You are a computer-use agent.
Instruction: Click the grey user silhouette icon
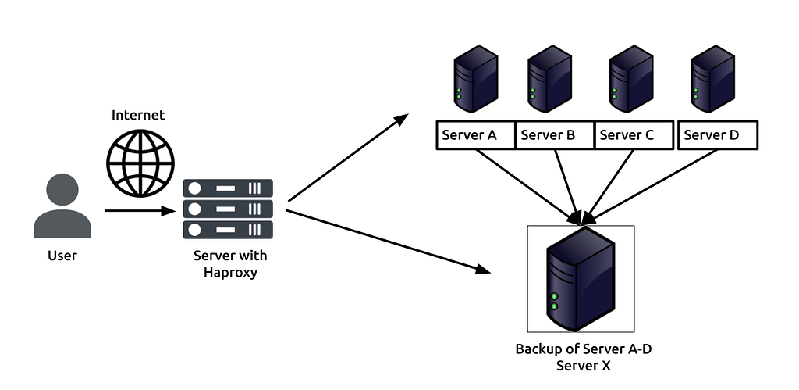(62, 207)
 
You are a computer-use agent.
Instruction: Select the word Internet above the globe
(138, 115)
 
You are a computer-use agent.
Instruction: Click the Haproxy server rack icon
(228, 209)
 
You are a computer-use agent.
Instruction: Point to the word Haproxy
(230, 272)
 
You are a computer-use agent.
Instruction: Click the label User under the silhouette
(62, 256)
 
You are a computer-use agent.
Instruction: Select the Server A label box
(475, 134)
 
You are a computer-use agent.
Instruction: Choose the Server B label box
(555, 134)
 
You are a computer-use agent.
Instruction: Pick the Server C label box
(634, 134)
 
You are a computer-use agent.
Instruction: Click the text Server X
(583, 364)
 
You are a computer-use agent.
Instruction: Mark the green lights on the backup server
(554, 302)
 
